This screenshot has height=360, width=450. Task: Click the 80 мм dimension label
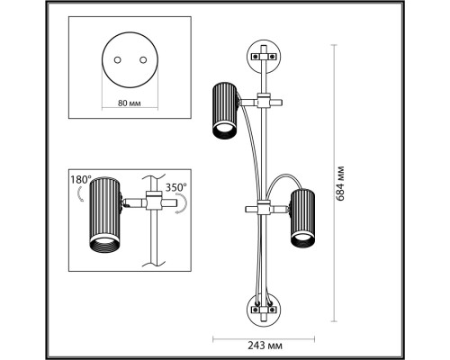point(130,103)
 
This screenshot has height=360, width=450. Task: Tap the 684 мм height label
point(340,184)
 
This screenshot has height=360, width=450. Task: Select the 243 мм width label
point(265,346)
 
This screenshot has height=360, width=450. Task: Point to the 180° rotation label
point(81,180)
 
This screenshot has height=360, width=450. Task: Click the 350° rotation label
point(176,187)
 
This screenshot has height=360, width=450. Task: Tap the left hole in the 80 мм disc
point(117,60)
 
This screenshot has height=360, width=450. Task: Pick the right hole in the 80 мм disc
point(143,60)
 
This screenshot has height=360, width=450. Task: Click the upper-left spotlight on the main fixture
point(225,111)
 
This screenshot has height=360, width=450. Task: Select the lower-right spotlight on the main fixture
point(302,219)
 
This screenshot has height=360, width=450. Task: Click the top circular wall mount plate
point(264,57)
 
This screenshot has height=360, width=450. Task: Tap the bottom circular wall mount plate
point(264,310)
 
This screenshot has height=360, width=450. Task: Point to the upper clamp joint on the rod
point(264,101)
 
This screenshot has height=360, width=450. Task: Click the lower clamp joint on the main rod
point(264,208)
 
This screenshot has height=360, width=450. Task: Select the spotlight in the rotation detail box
point(105,215)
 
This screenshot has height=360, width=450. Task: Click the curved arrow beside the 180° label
point(80,194)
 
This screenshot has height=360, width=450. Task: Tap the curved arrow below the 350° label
point(183,203)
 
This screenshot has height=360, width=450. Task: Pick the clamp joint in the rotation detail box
point(154,201)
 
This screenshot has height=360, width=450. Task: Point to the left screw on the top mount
point(256,56)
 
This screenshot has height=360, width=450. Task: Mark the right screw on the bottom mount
point(272,310)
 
